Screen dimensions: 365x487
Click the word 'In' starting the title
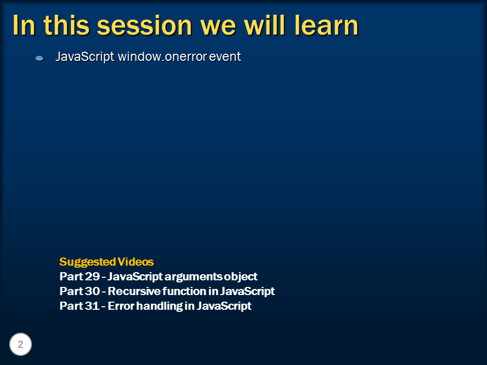coord(23,25)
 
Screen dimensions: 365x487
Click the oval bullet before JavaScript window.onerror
coord(39,59)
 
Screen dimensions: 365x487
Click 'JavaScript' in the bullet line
coord(85,57)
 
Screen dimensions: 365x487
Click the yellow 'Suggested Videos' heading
coord(106,262)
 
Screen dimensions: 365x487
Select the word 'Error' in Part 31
coord(120,306)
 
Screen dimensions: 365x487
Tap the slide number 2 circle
coord(20,345)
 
